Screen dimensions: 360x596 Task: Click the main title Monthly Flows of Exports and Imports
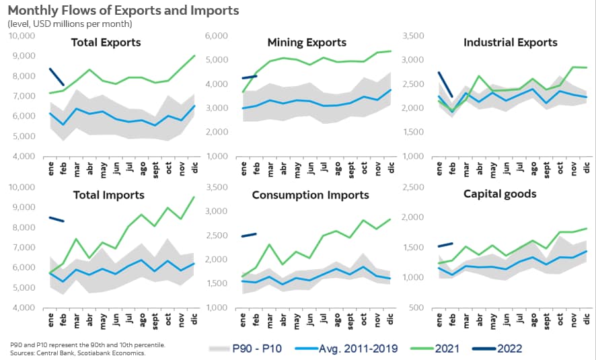pyautogui.click(x=124, y=11)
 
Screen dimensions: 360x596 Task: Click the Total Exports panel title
pyautogui.click(x=106, y=42)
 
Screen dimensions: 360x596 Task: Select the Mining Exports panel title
pyautogui.click(x=307, y=42)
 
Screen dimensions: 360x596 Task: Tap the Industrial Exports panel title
pyautogui.click(x=511, y=42)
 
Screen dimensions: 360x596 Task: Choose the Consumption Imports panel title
pyautogui.click(x=310, y=195)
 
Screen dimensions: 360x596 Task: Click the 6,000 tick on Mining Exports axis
pyautogui.click(x=224, y=36)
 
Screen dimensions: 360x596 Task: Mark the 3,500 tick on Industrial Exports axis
pyautogui.click(x=422, y=36)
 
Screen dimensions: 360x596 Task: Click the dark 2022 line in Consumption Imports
pyautogui.click(x=249, y=235)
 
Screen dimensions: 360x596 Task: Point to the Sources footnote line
pyautogui.click(x=79, y=352)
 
